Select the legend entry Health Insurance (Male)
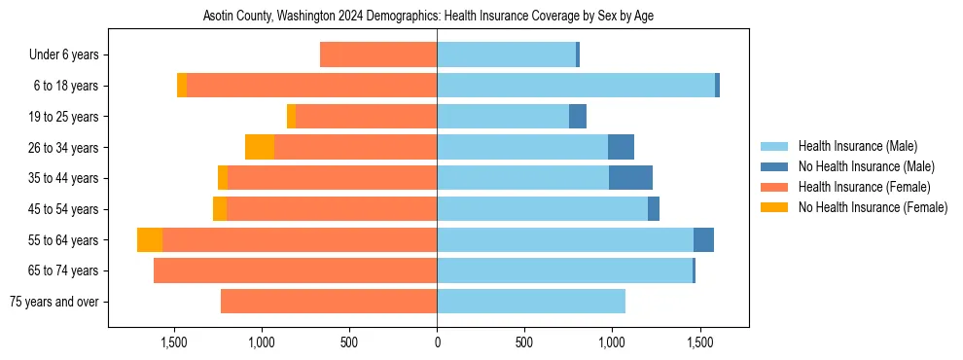(x=857, y=146)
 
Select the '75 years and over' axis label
(x=53, y=302)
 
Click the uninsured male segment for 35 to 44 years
(x=630, y=178)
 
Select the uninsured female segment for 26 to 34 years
(x=260, y=147)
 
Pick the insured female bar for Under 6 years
(x=378, y=55)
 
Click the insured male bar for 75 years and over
(x=531, y=302)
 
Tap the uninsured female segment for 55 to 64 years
(x=150, y=240)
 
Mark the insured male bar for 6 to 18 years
(x=576, y=86)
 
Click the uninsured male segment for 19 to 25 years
(x=578, y=117)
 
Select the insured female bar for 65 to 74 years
(x=295, y=270)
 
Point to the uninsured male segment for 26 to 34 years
(x=621, y=147)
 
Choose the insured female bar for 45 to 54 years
(x=332, y=209)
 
